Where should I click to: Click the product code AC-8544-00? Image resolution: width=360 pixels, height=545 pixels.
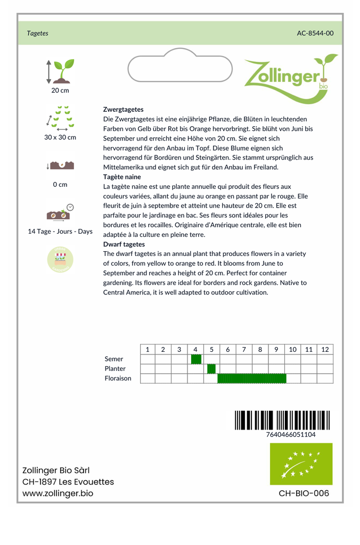click(315, 33)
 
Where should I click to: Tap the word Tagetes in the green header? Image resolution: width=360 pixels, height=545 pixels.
click(38, 33)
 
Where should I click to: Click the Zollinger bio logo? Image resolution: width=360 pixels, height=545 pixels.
click(291, 77)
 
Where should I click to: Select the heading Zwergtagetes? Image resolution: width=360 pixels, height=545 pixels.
click(123, 109)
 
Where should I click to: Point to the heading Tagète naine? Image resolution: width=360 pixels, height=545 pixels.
click(122, 177)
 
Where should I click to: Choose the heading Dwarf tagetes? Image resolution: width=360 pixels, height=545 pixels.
click(124, 244)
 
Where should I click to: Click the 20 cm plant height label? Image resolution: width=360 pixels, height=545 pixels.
click(60, 90)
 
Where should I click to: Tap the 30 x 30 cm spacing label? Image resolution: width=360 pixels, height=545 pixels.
click(60, 137)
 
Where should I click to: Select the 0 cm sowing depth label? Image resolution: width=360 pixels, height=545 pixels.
click(60, 185)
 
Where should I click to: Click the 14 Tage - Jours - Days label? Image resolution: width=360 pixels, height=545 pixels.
click(60, 232)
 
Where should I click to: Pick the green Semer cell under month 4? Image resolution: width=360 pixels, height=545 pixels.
click(196, 359)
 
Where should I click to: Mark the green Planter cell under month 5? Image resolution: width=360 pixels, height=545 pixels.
click(211, 369)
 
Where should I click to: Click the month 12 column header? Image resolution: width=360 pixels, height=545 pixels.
click(325, 349)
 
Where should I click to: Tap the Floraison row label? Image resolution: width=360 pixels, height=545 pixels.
click(118, 378)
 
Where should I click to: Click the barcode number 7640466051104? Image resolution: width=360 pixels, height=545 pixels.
click(291, 434)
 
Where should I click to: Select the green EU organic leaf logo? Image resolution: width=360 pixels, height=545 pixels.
click(301, 464)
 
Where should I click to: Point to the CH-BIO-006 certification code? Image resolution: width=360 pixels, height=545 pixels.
click(304, 493)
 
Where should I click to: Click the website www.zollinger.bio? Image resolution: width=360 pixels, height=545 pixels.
click(58, 493)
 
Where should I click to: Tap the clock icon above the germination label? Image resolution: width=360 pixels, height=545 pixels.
click(70, 207)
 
